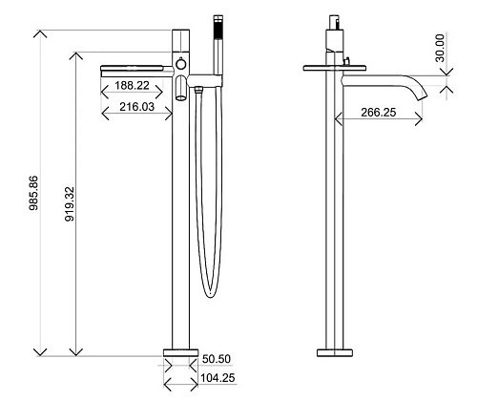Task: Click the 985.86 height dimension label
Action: pyautogui.click(x=33, y=193)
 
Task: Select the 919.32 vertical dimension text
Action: pyautogui.click(x=70, y=204)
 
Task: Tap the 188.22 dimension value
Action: pyautogui.click(x=132, y=85)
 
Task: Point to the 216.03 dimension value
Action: pyautogui.click(x=136, y=107)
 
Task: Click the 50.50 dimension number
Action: pyautogui.click(x=217, y=359)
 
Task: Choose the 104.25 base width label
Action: pyautogui.click(x=218, y=378)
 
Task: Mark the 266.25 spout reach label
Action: pyautogui.click(x=379, y=112)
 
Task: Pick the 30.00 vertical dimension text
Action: pyautogui.click(x=440, y=48)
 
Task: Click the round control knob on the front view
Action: pyautogui.click(x=180, y=64)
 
